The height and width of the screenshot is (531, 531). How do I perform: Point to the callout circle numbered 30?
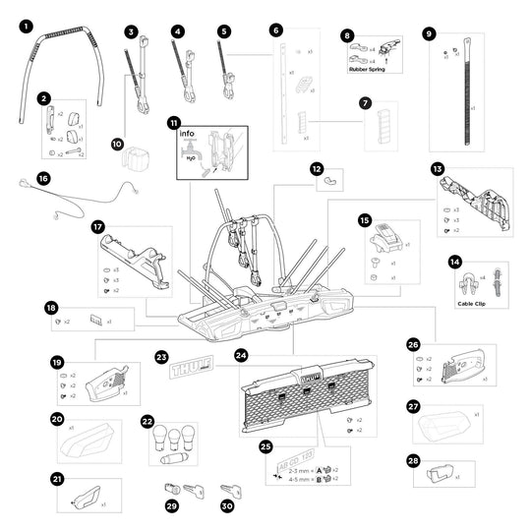(x=227, y=504)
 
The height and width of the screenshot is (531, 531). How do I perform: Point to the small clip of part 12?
(x=332, y=181)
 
